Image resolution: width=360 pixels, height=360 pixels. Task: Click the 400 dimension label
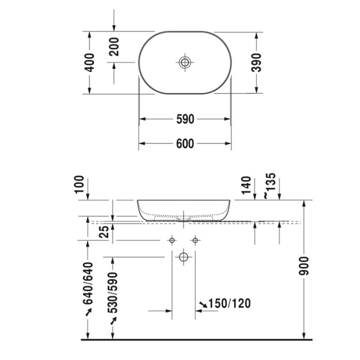click(x=89, y=62)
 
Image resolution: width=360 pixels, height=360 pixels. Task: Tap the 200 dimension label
click(x=113, y=46)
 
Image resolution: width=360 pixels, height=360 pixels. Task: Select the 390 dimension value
click(x=257, y=62)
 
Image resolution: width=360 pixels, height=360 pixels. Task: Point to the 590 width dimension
click(x=185, y=119)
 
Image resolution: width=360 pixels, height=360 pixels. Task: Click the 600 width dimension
click(x=185, y=144)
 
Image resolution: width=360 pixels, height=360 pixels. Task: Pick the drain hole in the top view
click(x=185, y=62)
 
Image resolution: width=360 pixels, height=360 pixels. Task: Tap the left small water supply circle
click(x=172, y=241)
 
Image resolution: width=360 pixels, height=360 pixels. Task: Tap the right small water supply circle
click(x=195, y=241)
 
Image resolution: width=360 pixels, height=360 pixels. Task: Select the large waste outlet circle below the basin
click(x=184, y=258)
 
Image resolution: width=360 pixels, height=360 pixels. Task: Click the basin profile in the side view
click(x=184, y=209)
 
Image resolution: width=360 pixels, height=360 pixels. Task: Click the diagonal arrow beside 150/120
click(x=203, y=304)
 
